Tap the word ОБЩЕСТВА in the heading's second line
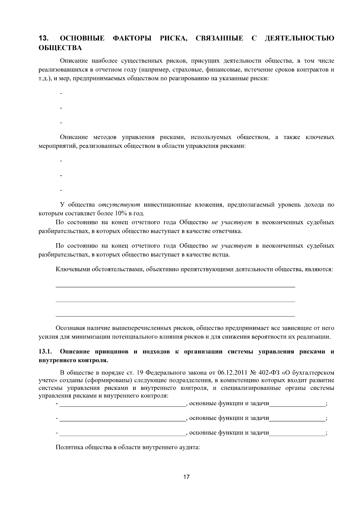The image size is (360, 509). [x=60, y=47]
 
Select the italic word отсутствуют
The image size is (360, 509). [x=119, y=205]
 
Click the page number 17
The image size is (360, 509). [x=186, y=477]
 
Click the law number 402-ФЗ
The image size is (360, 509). [x=270, y=373]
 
